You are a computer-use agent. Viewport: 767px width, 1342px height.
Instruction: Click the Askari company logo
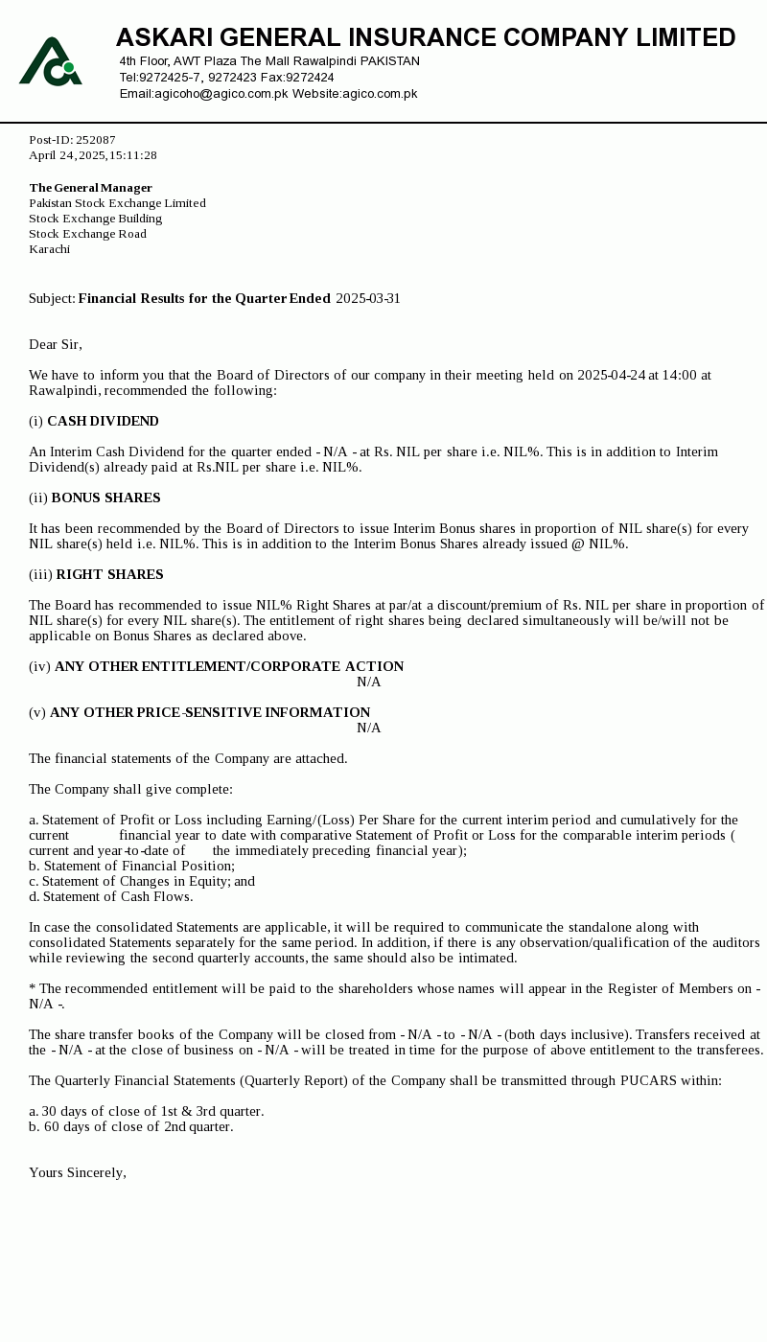[51, 61]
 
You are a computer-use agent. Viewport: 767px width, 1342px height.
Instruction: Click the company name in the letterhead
[426, 37]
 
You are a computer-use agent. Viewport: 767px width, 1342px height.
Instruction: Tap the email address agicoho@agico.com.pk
[203, 94]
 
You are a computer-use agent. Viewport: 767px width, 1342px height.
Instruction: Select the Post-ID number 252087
[96, 140]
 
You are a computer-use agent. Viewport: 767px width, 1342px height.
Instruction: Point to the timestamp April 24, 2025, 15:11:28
[93, 155]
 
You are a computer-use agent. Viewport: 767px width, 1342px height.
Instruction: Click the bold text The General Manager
[91, 188]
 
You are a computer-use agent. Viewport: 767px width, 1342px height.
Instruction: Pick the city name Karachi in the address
[50, 249]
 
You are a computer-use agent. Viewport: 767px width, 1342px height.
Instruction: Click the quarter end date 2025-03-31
[368, 298]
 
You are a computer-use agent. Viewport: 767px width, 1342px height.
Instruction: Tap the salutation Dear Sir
[56, 344]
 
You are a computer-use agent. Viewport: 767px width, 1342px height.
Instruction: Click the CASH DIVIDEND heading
[103, 421]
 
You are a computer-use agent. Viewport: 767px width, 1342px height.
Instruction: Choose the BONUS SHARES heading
[105, 497]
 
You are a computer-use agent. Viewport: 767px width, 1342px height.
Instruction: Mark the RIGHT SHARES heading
[109, 574]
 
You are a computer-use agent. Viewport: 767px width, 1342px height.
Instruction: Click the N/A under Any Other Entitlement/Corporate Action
[369, 682]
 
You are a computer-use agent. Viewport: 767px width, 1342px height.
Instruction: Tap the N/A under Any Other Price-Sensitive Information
[369, 728]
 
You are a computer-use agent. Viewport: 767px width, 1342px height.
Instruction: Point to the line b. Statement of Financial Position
[132, 866]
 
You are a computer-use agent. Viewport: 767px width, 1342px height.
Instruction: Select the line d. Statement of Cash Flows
[111, 896]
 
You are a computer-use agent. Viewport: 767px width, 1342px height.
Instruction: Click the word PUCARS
[649, 1080]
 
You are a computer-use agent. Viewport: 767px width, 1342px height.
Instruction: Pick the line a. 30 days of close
[147, 1111]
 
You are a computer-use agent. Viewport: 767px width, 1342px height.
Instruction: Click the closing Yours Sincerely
[78, 1172]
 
